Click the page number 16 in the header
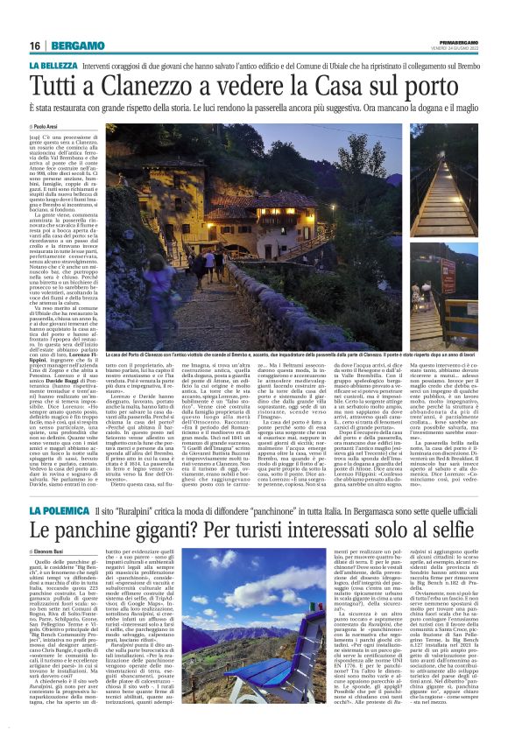[x=35, y=46]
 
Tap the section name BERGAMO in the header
[x=73, y=46]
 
